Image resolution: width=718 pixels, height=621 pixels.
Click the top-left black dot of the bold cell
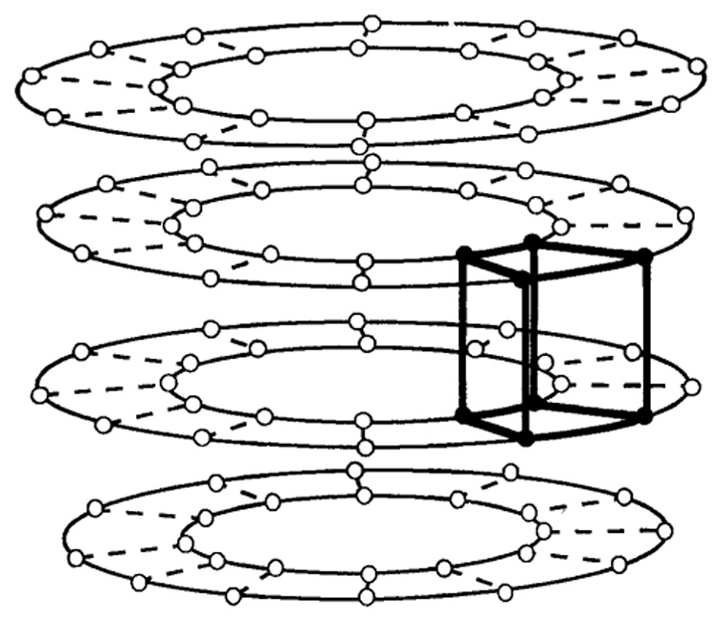(x=463, y=253)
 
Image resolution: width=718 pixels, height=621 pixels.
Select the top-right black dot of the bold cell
(x=645, y=255)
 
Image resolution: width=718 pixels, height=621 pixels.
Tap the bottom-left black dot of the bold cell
(x=463, y=414)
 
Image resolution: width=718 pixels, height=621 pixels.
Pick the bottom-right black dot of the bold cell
(x=645, y=416)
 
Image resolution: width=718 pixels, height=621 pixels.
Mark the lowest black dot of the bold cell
(x=525, y=439)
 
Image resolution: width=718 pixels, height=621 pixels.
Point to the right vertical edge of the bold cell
(x=645, y=335)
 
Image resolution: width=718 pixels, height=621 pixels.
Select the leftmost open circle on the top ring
(x=31, y=75)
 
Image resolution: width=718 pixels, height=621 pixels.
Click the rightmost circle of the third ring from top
(x=690, y=387)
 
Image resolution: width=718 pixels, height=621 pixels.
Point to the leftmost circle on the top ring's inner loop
(x=158, y=86)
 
